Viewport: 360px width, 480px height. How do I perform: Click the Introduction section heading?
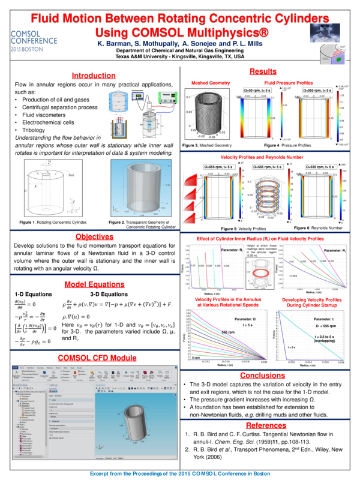click(94, 76)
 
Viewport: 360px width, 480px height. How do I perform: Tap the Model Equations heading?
click(94, 284)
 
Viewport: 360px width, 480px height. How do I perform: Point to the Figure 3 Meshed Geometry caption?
click(207, 146)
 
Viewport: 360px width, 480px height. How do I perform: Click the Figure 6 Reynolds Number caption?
click(319, 229)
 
